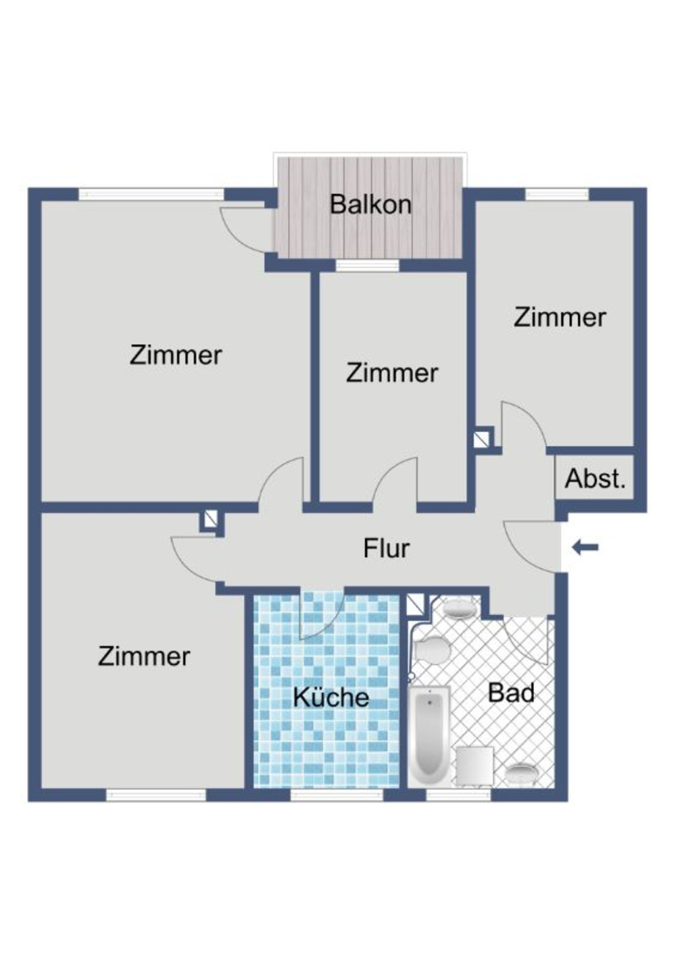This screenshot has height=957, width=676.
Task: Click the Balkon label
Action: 370,204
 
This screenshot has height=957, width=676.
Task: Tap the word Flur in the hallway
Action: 386,548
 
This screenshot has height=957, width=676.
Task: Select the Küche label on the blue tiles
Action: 331,697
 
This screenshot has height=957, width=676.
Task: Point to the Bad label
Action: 511,693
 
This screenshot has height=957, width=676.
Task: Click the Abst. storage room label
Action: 595,478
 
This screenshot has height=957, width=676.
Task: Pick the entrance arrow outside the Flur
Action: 585,547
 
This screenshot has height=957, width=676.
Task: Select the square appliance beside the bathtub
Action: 474,765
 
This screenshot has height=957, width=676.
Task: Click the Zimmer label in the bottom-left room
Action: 144,656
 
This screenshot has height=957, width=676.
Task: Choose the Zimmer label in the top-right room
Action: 560,317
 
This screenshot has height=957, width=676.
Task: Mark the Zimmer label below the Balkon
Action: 392,372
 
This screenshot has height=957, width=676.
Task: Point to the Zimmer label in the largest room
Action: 176,355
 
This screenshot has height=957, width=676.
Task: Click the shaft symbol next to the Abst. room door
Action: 483,439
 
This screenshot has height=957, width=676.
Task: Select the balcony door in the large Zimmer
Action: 245,230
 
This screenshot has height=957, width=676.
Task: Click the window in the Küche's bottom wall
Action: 337,795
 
